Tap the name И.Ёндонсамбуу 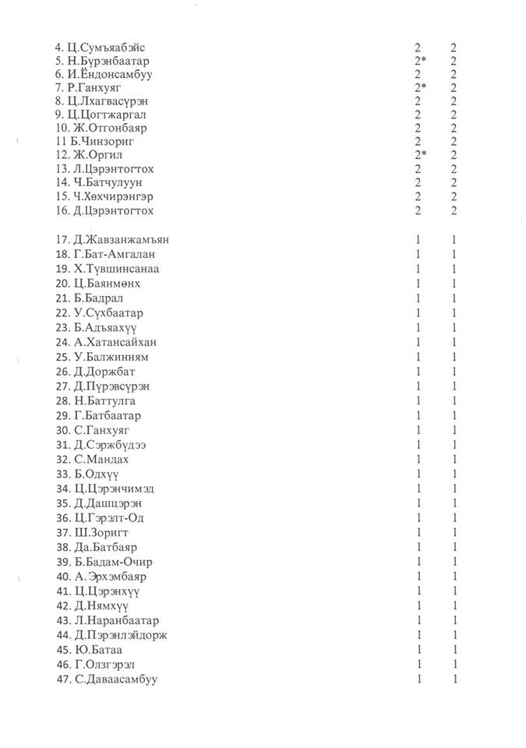[x=121, y=75]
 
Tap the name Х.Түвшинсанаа [x=119, y=269]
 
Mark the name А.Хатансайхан [x=121, y=342]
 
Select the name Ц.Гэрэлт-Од [x=111, y=518]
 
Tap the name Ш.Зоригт [x=104, y=533]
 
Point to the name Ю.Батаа [x=99, y=650]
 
